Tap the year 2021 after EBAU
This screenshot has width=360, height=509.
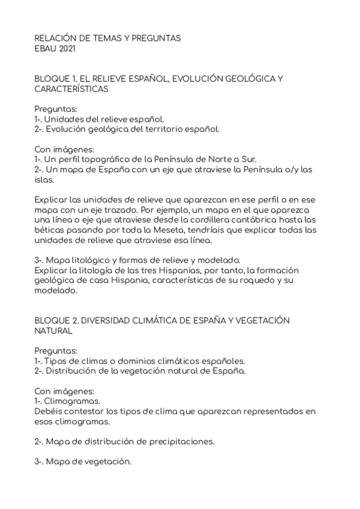(66, 48)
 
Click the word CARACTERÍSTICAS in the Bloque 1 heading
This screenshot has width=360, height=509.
(71, 89)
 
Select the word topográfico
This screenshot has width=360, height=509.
(100, 159)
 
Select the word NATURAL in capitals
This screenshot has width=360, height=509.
(53, 331)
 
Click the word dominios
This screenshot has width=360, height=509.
(126, 361)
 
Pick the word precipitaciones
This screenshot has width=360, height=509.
(180, 441)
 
